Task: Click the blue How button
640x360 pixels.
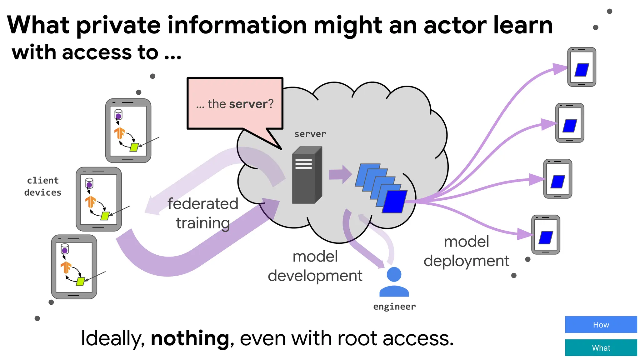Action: (601, 324)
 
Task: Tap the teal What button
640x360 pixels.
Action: (601, 347)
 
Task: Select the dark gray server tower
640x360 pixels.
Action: (307, 175)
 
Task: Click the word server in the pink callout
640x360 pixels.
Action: (248, 104)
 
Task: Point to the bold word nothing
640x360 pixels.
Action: (190, 338)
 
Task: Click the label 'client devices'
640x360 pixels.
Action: (43, 187)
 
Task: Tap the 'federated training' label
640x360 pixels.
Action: (203, 213)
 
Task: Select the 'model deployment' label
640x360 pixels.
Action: (466, 251)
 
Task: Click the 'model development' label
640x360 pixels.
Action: (315, 266)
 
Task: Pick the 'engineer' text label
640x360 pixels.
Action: (394, 307)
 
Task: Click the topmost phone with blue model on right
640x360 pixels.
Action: (582, 67)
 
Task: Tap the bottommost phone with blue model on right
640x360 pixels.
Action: (546, 235)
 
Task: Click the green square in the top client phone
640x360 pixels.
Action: (134, 147)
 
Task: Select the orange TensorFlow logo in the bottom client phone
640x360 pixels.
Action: (66, 267)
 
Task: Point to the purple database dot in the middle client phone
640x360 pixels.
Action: (89, 185)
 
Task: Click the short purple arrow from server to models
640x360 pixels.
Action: (340, 174)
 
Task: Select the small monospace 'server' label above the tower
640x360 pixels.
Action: (310, 134)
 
